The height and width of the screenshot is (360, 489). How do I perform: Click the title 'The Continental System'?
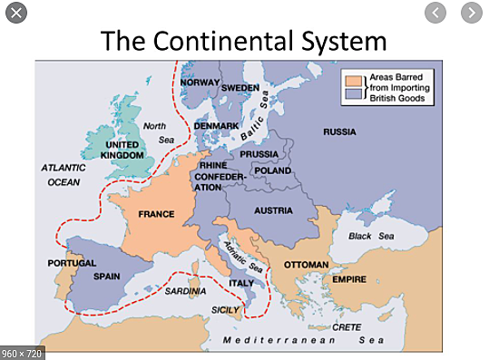[243, 40]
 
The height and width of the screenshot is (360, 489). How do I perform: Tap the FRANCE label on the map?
[156, 215]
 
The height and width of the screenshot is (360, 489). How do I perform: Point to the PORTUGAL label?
[72, 263]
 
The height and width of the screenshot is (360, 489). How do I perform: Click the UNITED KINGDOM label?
[123, 150]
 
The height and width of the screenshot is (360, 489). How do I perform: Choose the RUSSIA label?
[339, 132]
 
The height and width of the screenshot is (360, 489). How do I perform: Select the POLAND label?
[272, 170]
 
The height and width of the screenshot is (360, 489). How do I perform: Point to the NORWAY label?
[200, 83]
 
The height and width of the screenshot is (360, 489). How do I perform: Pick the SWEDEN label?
[240, 88]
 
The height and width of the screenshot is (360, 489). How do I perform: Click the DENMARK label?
[215, 125]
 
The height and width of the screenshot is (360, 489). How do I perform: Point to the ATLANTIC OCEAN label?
[63, 174]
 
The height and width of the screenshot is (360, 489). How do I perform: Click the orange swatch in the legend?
[352, 81]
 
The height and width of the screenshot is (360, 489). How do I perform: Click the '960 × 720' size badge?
[23, 351]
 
